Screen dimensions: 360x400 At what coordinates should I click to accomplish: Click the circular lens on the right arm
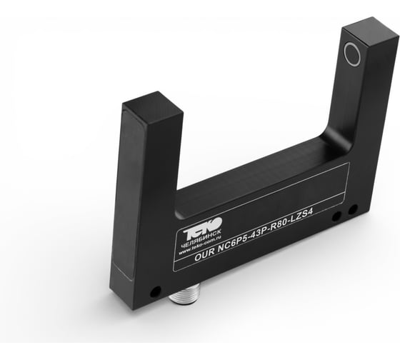(353, 53)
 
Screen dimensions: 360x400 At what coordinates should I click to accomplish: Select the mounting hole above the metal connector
(155, 291)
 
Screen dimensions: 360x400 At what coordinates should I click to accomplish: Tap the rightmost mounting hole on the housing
(353, 209)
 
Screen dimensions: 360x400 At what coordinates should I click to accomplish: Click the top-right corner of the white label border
(348, 164)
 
